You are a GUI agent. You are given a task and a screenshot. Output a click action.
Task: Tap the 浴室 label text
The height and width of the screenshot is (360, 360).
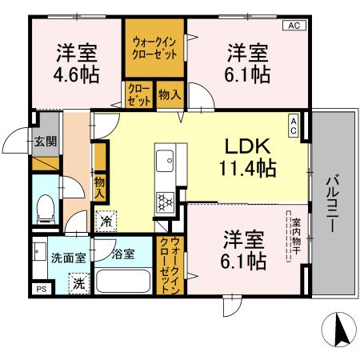(x=122, y=255)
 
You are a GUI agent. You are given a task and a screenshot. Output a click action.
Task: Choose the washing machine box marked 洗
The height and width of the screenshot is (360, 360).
(x=78, y=282)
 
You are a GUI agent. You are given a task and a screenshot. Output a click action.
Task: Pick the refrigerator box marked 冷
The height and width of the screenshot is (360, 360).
(x=106, y=218)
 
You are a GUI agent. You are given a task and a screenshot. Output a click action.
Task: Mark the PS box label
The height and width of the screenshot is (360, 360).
(x=40, y=288)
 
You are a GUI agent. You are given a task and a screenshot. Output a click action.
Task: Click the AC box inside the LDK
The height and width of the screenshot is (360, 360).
(x=294, y=126)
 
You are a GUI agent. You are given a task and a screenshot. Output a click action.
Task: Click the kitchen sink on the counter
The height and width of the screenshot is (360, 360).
(x=164, y=162)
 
